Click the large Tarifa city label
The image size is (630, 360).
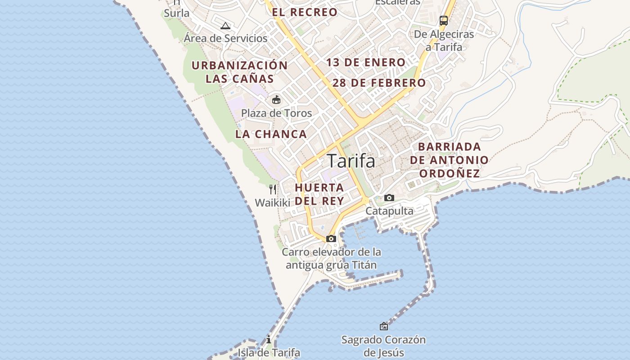(x=351, y=161)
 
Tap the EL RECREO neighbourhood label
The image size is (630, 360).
(x=305, y=12)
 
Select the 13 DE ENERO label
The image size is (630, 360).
(x=366, y=63)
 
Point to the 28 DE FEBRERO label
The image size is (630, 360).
(x=379, y=83)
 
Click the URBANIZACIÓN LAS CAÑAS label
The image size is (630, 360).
(x=239, y=72)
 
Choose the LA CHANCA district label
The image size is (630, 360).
(x=271, y=134)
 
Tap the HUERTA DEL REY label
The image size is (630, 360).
(x=319, y=194)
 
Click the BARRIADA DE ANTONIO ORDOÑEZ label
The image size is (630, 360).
(x=449, y=160)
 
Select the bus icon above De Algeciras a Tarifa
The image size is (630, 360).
(x=444, y=20)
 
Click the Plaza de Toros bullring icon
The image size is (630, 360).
(x=276, y=99)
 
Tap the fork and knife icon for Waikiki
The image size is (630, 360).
(x=273, y=189)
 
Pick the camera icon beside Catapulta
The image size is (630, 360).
(x=389, y=198)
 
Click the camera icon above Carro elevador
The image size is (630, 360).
(x=331, y=238)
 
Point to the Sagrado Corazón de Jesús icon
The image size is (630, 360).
(x=384, y=326)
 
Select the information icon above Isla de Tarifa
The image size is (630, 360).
(x=269, y=339)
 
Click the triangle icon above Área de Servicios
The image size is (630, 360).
(x=225, y=26)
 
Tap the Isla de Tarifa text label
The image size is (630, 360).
(x=269, y=352)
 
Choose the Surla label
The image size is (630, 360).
(x=177, y=13)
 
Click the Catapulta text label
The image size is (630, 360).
(x=389, y=211)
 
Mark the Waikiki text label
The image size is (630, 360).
(x=273, y=202)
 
